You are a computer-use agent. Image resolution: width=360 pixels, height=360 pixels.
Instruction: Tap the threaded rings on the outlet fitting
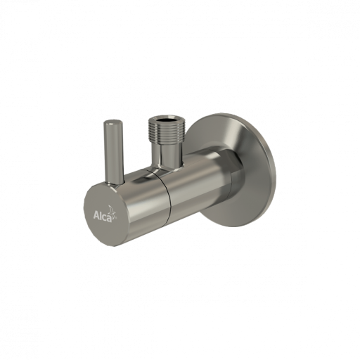tap(162, 129)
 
